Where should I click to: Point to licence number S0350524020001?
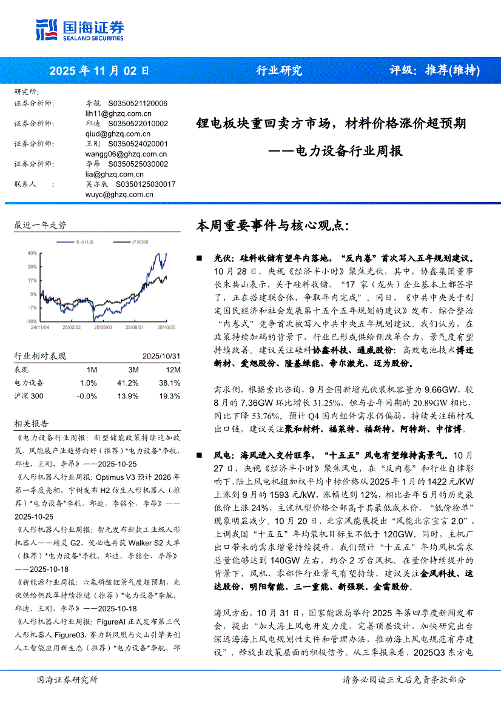pos(138,144)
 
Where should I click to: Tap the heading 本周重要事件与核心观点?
pos(272,226)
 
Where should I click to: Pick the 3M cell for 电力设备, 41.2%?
pos(128,383)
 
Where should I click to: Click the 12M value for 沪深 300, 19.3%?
pos(169,396)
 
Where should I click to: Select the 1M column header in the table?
pos(92,370)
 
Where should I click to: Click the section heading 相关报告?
pos(32,423)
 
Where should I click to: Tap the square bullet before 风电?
pos(200,454)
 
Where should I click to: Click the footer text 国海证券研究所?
pos(67,680)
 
